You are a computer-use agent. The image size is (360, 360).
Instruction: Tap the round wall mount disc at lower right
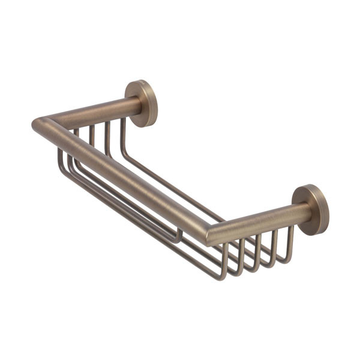[311, 209]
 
